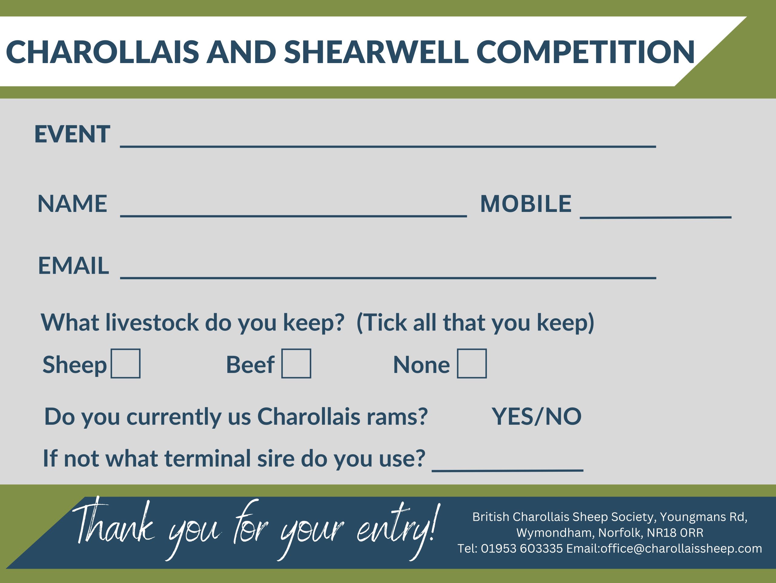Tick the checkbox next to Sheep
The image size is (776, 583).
(x=125, y=364)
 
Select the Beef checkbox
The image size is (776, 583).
(x=296, y=364)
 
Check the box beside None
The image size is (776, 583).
(x=472, y=364)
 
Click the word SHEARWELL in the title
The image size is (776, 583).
(x=376, y=52)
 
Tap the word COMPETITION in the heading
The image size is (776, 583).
(x=586, y=52)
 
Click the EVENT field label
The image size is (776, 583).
(x=72, y=134)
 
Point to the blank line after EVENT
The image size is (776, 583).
(x=388, y=146)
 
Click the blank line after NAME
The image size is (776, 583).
(x=293, y=216)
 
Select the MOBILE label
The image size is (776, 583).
(x=526, y=203)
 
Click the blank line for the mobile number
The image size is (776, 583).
(x=656, y=217)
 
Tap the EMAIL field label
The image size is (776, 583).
(x=73, y=265)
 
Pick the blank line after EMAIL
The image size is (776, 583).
(x=388, y=277)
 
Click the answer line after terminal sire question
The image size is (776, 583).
(x=508, y=471)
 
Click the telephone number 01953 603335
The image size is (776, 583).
(x=522, y=548)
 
